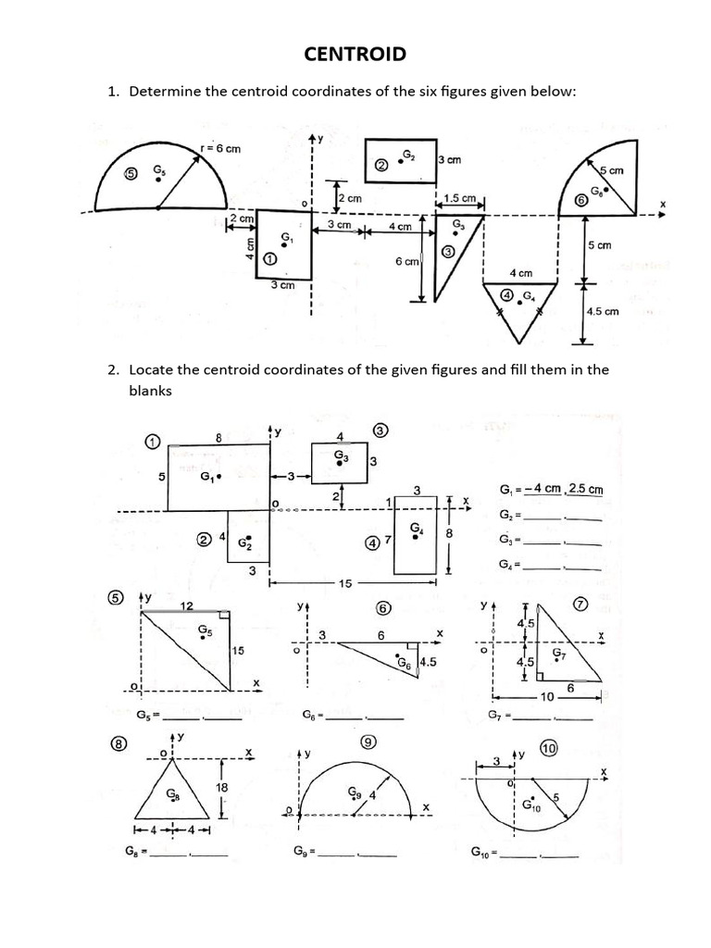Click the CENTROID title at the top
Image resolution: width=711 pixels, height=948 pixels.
(355, 54)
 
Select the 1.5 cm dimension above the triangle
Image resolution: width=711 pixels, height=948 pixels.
(459, 198)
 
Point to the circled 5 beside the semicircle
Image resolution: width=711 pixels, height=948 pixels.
(131, 172)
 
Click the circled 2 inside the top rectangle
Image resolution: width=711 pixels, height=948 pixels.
(381, 165)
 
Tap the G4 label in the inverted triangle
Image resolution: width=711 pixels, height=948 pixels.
(528, 295)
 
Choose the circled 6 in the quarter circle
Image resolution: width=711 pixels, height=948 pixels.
(581, 199)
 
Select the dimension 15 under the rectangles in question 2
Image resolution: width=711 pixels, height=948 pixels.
(343, 583)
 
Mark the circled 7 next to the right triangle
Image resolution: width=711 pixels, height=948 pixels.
(581, 605)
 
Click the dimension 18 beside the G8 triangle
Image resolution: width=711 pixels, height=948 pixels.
(221, 786)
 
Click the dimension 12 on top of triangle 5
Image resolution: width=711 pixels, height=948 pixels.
(186, 605)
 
